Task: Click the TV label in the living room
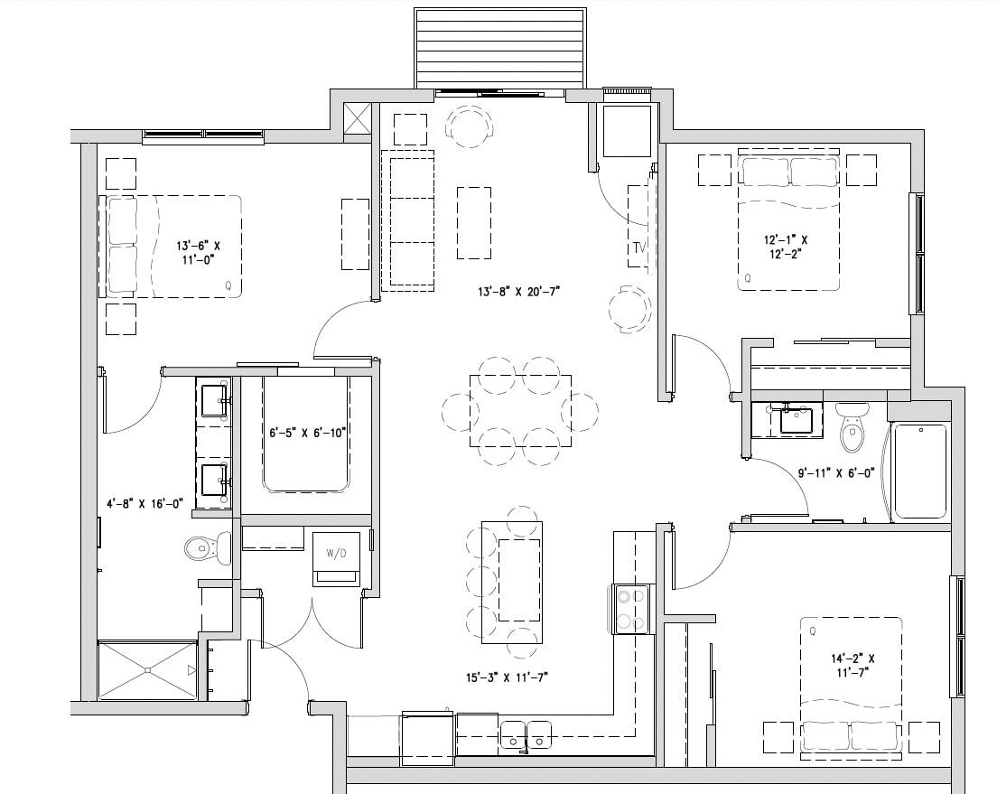639,248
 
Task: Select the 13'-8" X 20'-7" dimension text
520,292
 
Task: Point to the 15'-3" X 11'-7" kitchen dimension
508,677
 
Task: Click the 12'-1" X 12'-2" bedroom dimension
785,247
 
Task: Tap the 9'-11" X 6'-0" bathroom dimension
836,472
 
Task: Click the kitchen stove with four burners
633,610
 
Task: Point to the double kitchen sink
526,733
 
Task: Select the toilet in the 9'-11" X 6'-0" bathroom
852,427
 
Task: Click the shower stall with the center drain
147,670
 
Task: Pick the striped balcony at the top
498,47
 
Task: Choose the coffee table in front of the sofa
474,222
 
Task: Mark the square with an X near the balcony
358,119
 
